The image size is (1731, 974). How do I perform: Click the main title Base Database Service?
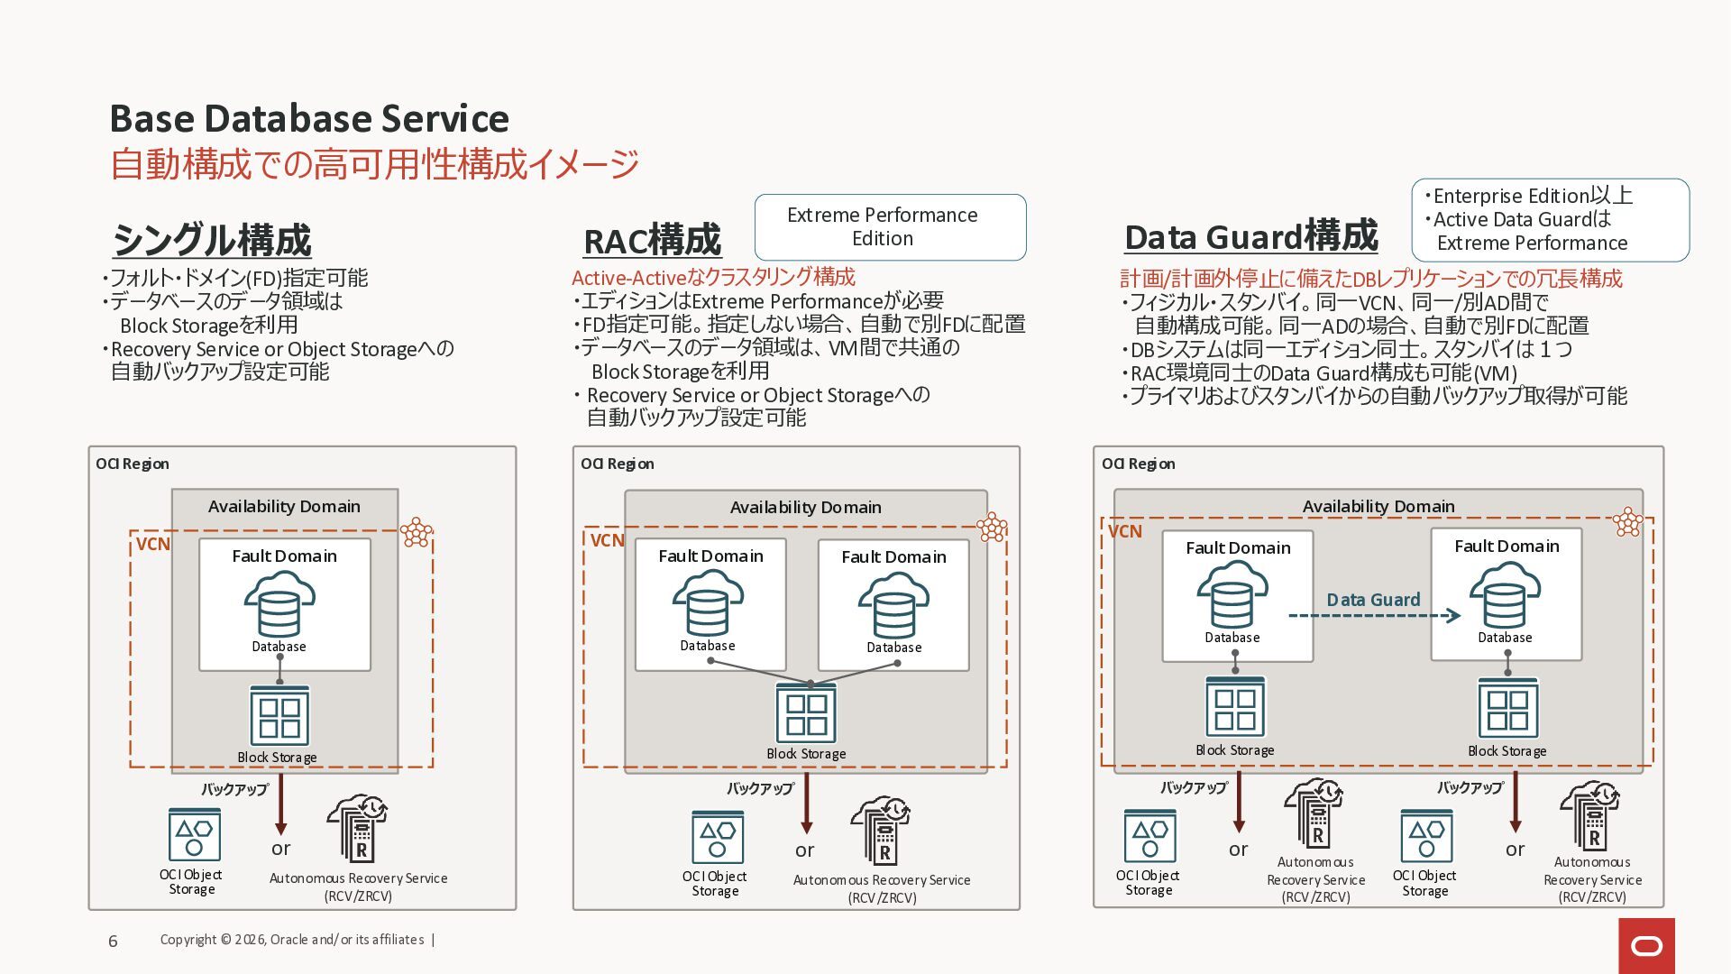coord(309,118)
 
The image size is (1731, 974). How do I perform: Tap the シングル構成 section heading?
coord(212,240)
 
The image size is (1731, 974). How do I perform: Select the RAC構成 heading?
coord(652,241)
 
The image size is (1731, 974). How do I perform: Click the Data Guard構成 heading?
coord(1250,236)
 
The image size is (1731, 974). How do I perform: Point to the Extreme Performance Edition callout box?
coord(890,227)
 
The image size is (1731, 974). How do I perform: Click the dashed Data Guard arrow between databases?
coord(1373,615)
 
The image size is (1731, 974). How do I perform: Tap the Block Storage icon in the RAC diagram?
coord(806,713)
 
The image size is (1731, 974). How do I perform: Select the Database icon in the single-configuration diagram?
coord(279,604)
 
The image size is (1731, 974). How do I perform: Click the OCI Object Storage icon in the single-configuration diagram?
coord(194,834)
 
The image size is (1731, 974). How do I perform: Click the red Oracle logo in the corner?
coord(1646,945)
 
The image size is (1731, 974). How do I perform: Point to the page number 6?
coord(113,941)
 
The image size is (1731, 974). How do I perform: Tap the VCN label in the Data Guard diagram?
coord(1124,531)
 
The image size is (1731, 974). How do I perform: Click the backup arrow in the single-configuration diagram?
coord(280,804)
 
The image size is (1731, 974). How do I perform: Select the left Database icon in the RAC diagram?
coord(708,603)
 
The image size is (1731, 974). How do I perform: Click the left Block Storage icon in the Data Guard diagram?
coord(1234,708)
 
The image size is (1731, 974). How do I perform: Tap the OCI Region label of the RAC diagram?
coord(617,464)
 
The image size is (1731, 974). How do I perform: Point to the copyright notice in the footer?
coord(292,940)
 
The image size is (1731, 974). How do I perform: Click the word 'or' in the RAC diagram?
coord(804,850)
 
